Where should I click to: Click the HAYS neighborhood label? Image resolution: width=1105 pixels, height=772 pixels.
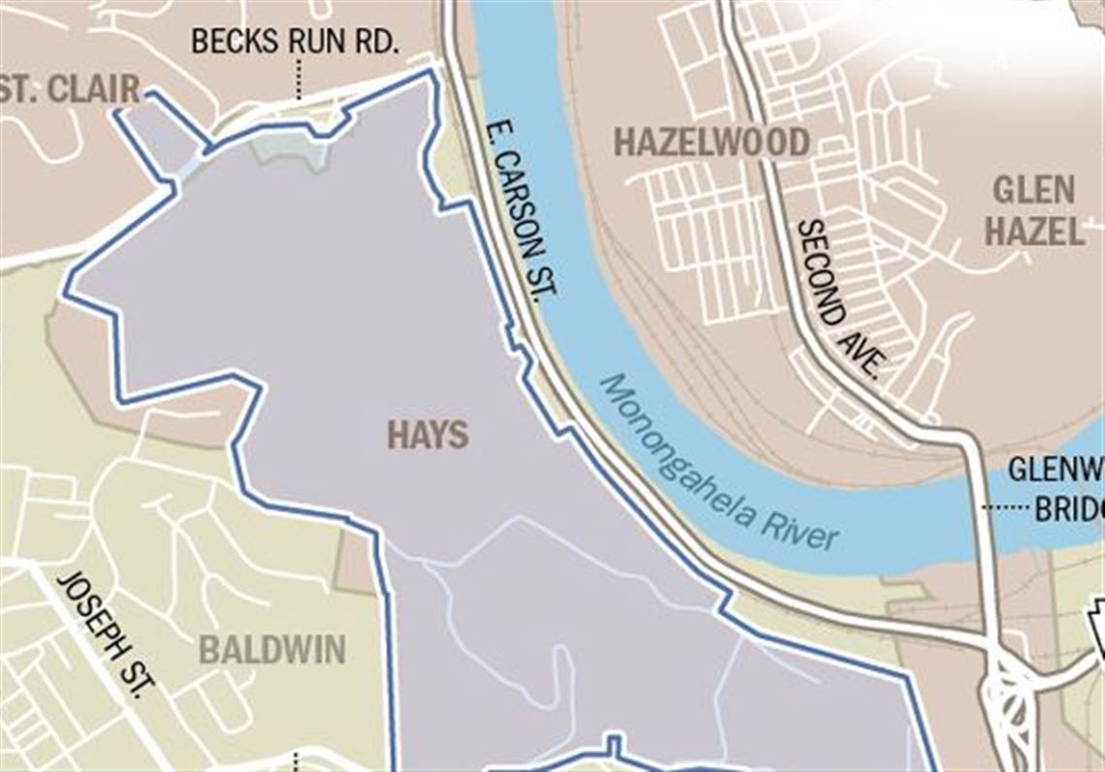click(427, 436)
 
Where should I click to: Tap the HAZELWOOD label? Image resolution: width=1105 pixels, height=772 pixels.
click(712, 142)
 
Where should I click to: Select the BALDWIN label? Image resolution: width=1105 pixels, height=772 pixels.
click(272, 650)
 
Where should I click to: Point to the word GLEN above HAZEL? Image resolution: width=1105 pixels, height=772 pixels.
click(1033, 190)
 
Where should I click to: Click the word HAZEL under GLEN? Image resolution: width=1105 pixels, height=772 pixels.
click(1033, 232)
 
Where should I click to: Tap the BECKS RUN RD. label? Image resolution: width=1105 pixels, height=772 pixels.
click(296, 42)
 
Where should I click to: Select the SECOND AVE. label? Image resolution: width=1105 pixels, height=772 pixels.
click(838, 298)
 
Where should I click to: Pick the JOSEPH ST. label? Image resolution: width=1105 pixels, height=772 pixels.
click(107, 633)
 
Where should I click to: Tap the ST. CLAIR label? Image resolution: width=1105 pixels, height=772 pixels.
click(70, 90)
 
